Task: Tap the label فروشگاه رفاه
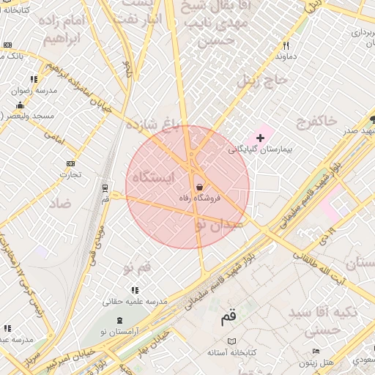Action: pyautogui.click(x=200, y=198)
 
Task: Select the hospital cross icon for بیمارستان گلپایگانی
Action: pyautogui.click(x=259, y=138)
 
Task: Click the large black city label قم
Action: pyautogui.click(x=229, y=318)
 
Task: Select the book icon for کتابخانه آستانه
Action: pyautogui.click(x=232, y=341)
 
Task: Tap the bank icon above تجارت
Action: pyautogui.click(x=70, y=163)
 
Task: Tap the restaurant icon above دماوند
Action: pyautogui.click(x=286, y=45)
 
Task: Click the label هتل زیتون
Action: pyautogui.click(x=320, y=363)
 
